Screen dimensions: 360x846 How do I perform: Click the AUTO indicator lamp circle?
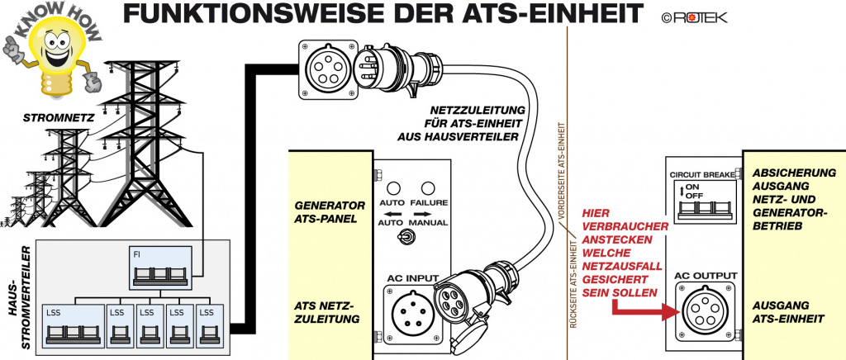tap(394, 188)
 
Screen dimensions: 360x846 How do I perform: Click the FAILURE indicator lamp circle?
tap(428, 188)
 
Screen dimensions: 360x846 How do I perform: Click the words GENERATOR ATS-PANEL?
tap(329, 211)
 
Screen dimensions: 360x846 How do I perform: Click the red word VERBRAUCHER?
tap(620, 226)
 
